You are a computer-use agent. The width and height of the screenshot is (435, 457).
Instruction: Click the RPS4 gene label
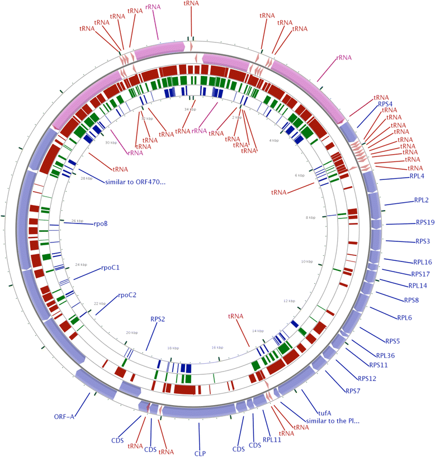(x=385, y=103)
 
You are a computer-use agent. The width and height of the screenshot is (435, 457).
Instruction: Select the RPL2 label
(x=422, y=200)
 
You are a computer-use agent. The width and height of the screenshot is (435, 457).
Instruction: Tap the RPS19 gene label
(x=425, y=222)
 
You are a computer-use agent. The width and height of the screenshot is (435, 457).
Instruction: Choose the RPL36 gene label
(x=386, y=355)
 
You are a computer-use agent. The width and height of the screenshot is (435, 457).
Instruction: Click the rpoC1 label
(x=111, y=267)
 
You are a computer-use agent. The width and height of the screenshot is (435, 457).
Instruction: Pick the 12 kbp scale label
(x=289, y=301)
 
